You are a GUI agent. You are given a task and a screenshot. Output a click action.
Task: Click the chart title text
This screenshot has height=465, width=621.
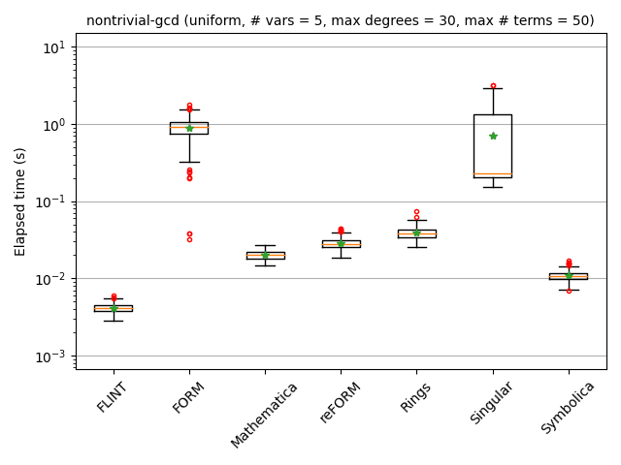point(340,20)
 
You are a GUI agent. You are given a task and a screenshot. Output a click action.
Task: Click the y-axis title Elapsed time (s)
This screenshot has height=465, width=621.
point(20,201)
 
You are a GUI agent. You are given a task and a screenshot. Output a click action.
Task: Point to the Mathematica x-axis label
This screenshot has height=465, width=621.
point(252,415)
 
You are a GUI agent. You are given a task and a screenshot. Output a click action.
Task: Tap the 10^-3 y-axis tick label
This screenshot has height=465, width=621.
point(50,356)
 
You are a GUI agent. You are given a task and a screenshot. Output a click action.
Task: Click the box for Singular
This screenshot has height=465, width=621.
point(493,145)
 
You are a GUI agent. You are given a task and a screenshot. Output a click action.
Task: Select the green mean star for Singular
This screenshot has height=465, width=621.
point(493,136)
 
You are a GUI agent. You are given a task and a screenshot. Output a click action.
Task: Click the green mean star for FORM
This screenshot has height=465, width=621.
point(189,128)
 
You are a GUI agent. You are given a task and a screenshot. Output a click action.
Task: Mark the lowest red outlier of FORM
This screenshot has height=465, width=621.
point(189,238)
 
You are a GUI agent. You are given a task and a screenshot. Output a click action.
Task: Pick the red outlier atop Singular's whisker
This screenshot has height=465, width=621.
point(493,86)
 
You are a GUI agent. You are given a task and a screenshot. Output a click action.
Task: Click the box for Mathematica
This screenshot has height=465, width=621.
point(265,256)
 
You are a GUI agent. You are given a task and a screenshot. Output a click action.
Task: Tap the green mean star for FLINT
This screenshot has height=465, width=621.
point(114,308)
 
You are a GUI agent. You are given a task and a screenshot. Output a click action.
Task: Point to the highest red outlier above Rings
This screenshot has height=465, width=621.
point(416,211)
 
